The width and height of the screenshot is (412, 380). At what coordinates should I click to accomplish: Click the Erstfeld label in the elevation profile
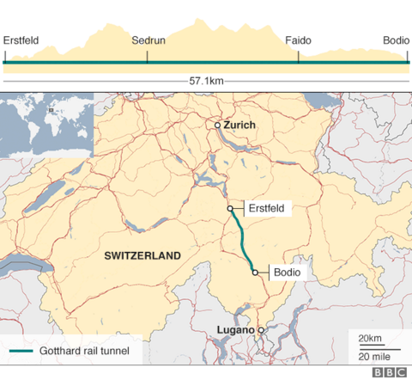point(21,40)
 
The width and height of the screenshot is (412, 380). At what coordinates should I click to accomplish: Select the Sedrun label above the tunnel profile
point(148,40)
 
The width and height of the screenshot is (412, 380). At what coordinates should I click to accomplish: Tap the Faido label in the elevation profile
point(299,40)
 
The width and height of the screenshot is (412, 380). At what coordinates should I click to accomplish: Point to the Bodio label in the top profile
point(396,40)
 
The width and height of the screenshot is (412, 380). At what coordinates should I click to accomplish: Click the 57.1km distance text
point(206,80)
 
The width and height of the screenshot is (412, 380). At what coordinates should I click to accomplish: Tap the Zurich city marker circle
point(217,126)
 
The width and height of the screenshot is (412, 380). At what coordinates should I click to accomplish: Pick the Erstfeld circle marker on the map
point(230,208)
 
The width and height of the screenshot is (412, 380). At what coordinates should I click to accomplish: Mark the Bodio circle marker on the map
point(255,272)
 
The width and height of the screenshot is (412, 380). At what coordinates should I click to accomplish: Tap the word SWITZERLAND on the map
point(142,255)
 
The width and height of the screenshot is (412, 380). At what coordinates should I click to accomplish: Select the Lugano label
point(234,330)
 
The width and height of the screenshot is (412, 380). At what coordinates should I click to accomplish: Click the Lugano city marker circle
point(262,330)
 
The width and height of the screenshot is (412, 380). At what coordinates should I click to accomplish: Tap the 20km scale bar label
point(370,337)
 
